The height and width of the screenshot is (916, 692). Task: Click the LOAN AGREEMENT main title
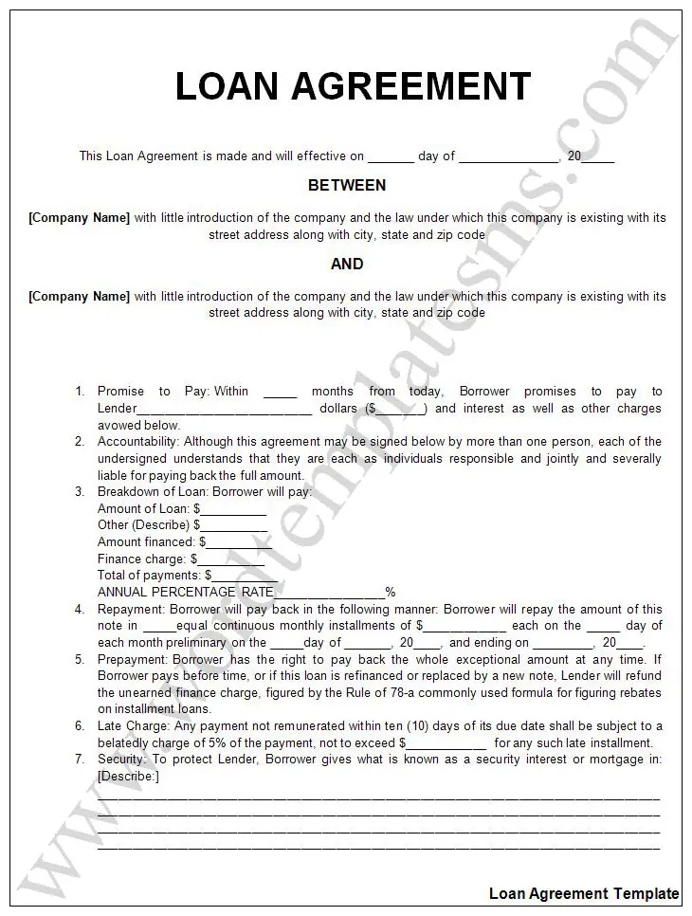point(353,87)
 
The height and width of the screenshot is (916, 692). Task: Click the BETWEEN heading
point(347,185)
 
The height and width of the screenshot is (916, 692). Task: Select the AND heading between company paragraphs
point(347,264)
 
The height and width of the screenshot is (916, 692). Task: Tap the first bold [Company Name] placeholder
point(79,218)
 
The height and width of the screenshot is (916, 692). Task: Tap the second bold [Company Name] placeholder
point(79,296)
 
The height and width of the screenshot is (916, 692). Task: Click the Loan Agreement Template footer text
point(584,893)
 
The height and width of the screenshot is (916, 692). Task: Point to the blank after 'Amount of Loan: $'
point(233,509)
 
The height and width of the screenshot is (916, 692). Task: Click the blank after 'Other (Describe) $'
point(233,525)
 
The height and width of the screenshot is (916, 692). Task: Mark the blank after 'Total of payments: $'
point(245,576)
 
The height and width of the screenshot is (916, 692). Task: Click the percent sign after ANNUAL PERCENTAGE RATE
point(390,593)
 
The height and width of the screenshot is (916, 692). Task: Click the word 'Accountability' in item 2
point(138,442)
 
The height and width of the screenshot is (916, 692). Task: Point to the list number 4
point(80,609)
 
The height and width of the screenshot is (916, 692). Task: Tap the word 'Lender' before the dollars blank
point(118,409)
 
